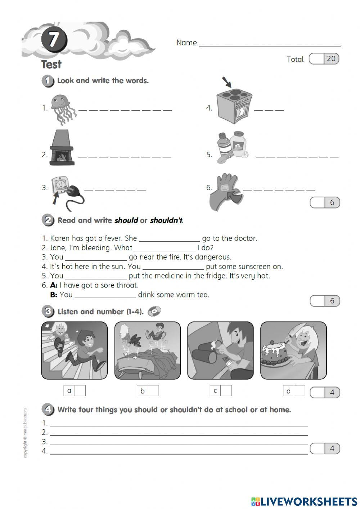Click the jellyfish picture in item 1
click(x=63, y=109)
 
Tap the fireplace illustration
click(x=62, y=148)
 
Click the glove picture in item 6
click(x=226, y=192)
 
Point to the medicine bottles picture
click(x=233, y=147)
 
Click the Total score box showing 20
click(x=324, y=59)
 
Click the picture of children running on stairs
click(x=75, y=350)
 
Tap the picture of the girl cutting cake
click(x=293, y=350)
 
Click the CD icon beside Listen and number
click(x=154, y=311)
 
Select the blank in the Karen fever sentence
click(x=169, y=239)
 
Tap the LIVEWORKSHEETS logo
click(x=304, y=501)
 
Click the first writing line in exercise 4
click(x=179, y=424)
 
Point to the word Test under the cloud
click(x=51, y=64)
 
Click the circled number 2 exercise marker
click(x=48, y=220)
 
